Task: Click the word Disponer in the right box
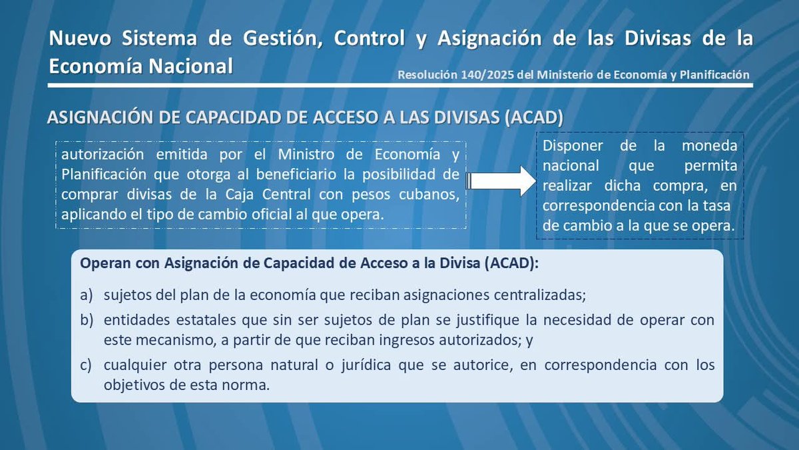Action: point(570,145)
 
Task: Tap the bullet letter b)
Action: point(87,320)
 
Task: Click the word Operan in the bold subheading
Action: point(101,263)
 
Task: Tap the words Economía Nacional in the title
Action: point(141,66)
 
